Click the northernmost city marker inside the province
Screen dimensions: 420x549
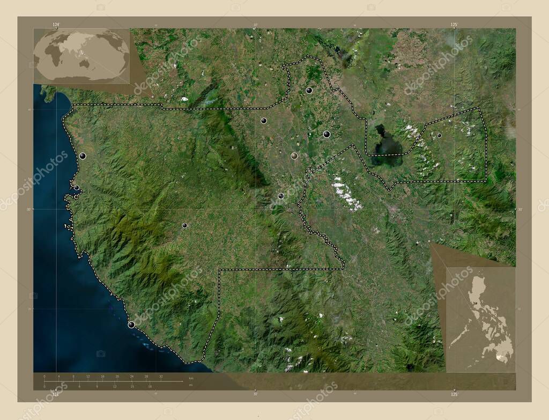click(309, 91)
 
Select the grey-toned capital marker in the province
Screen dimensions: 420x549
click(294, 156)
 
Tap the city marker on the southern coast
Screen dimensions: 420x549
click(131, 325)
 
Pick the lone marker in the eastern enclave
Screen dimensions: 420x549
click(439, 135)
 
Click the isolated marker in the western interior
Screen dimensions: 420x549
click(184, 225)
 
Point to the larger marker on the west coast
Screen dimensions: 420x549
click(83, 156)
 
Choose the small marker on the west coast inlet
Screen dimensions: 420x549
click(77, 188)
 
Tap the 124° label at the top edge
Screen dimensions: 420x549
click(56, 25)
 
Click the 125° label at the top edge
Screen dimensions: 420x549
click(454, 25)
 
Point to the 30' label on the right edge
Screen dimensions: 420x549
click(520, 210)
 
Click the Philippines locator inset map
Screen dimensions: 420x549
click(481, 319)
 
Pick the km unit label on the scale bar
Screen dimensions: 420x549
click(191, 378)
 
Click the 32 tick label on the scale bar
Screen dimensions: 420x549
click(161, 377)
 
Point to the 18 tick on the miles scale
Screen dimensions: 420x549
click(150, 386)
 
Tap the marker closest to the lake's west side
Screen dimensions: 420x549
click(327, 134)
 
